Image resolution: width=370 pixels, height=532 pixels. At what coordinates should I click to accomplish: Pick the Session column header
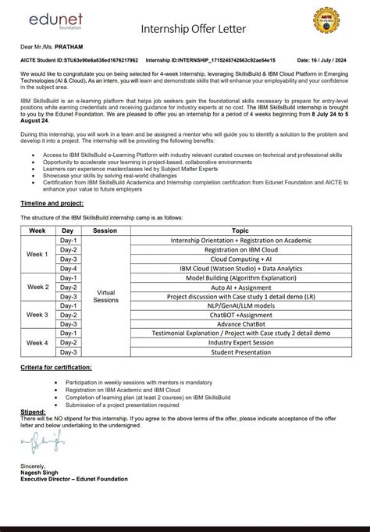(x=105, y=231)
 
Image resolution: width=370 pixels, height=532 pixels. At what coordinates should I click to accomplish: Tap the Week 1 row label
(x=37, y=255)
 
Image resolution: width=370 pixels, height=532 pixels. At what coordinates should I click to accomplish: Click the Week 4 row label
(x=37, y=342)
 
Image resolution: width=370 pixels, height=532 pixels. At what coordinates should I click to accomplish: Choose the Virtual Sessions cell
(x=105, y=296)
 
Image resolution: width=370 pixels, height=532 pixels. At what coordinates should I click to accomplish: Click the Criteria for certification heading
(x=55, y=366)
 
